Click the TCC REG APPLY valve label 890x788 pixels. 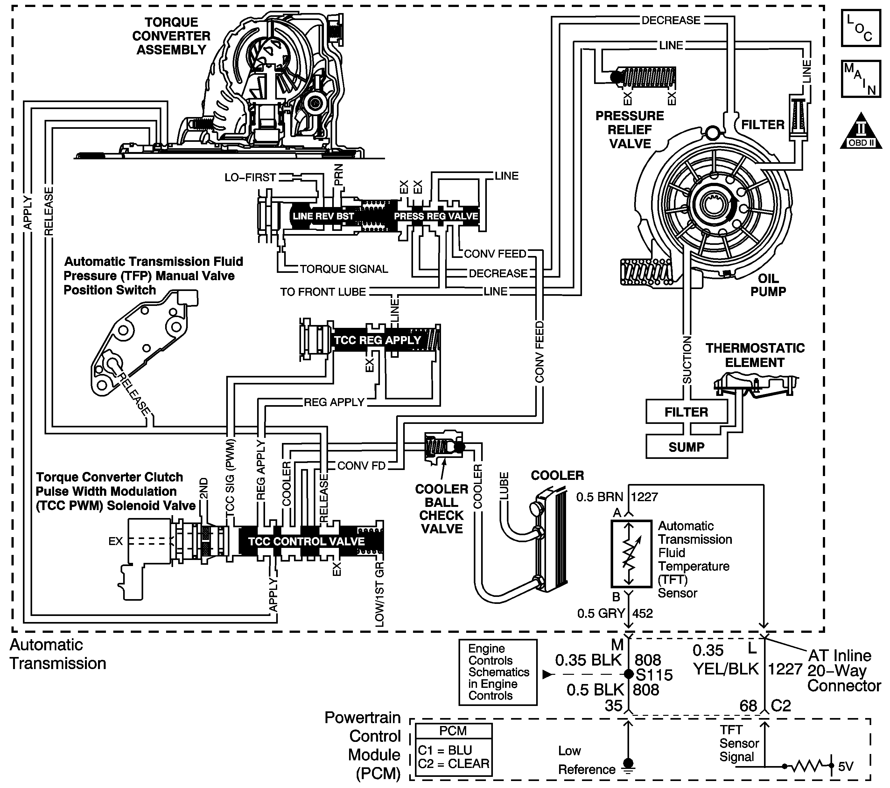(377, 340)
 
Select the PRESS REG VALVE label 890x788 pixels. (436, 216)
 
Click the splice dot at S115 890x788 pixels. (628, 674)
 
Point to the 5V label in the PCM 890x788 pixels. (845, 766)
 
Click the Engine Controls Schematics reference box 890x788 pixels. (498, 672)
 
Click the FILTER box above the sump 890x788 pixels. (687, 411)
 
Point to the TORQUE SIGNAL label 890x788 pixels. (344, 269)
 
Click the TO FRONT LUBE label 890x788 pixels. (323, 292)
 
